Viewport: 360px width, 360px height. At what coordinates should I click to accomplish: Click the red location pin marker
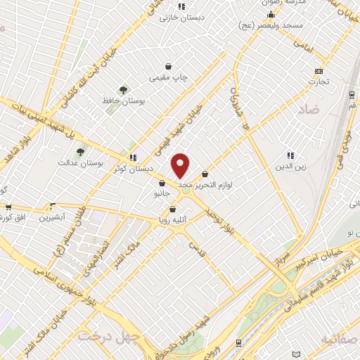[181, 165]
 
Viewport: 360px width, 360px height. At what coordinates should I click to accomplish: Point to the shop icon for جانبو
[162, 184]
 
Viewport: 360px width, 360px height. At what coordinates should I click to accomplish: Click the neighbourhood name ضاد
[308, 109]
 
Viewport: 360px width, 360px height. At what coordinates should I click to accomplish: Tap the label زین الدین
[290, 167]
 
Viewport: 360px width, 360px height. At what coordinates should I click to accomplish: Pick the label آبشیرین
[51, 218]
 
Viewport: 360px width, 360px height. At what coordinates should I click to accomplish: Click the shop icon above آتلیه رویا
[173, 209]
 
